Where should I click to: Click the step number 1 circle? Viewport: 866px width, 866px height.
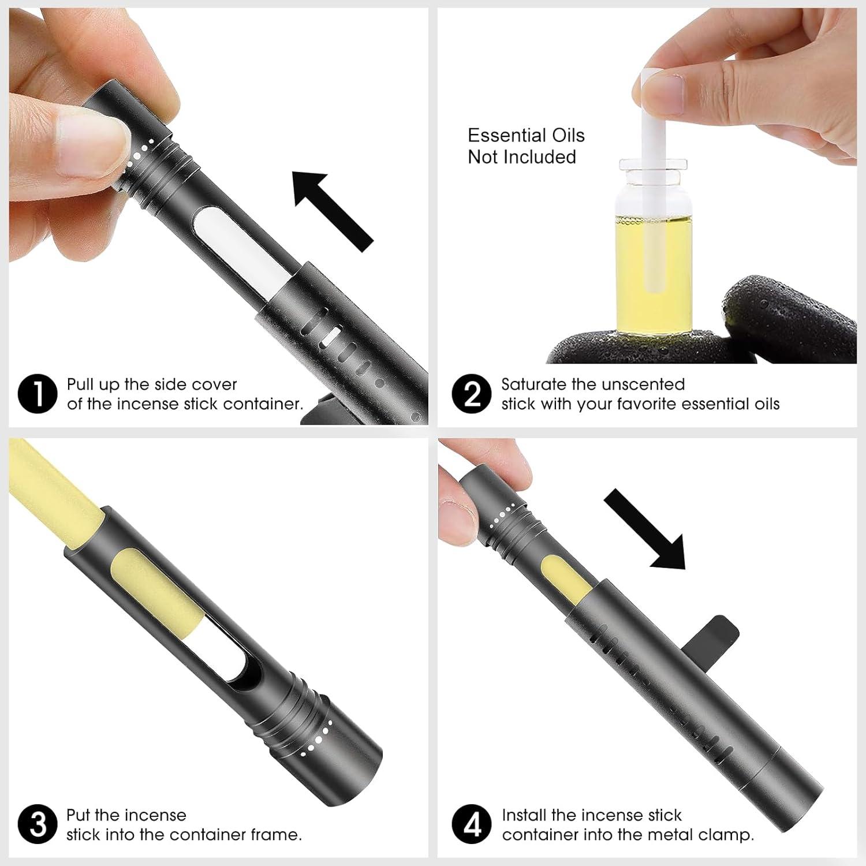(38, 394)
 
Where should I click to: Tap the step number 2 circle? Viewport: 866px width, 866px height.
(472, 394)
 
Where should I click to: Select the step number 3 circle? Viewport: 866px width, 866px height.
(38, 824)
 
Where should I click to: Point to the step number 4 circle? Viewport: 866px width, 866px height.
(472, 824)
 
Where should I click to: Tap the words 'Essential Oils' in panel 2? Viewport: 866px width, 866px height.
(525, 136)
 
